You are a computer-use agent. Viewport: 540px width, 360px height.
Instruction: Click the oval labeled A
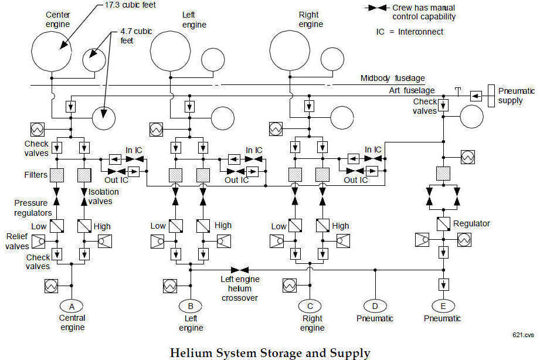72,306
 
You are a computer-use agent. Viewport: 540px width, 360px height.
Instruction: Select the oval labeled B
191,306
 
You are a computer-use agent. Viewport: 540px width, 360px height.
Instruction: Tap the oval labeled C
310,306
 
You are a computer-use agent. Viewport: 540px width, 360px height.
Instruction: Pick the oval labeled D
375,306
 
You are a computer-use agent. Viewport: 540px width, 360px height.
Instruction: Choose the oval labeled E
443,306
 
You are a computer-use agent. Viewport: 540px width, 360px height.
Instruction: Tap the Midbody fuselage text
393,78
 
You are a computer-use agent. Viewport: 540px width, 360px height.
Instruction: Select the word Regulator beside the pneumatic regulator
471,223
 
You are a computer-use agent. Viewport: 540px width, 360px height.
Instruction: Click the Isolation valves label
103,196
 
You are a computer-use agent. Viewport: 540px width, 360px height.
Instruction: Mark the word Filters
36,175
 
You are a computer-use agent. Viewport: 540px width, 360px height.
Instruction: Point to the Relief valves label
18,242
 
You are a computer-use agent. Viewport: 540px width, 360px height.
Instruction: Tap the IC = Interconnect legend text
410,32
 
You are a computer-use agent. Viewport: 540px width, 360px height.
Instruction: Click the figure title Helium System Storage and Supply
270,352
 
